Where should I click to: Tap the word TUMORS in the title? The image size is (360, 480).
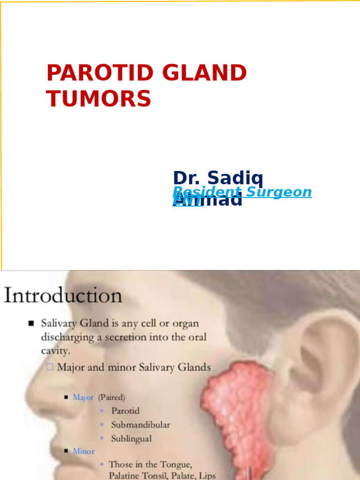click(98, 99)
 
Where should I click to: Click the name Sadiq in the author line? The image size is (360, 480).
click(236, 179)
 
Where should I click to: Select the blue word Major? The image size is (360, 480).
click(83, 397)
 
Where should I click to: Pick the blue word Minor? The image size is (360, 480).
click(83, 451)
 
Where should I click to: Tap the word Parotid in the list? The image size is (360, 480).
click(125, 411)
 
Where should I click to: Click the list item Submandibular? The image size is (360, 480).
click(140, 425)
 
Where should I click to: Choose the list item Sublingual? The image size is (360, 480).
click(131, 439)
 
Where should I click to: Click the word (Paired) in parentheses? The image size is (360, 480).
click(111, 397)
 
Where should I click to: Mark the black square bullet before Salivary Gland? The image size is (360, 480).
click(31, 323)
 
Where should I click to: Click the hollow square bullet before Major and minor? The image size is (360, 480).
click(49, 367)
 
